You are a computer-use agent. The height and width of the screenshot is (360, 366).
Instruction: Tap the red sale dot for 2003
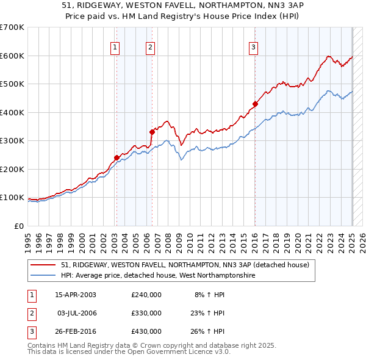[x=117, y=157]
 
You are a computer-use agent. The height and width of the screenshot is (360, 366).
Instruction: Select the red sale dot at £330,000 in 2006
[x=152, y=132]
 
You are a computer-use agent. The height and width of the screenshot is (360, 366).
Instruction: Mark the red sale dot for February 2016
[x=255, y=104]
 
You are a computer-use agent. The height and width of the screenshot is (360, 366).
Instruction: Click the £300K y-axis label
[x=12, y=141]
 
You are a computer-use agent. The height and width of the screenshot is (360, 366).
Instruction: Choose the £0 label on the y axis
[x=18, y=226]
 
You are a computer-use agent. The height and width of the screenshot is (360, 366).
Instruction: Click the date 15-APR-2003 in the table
[x=76, y=294]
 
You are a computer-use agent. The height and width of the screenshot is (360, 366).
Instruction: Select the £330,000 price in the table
[x=146, y=313]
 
